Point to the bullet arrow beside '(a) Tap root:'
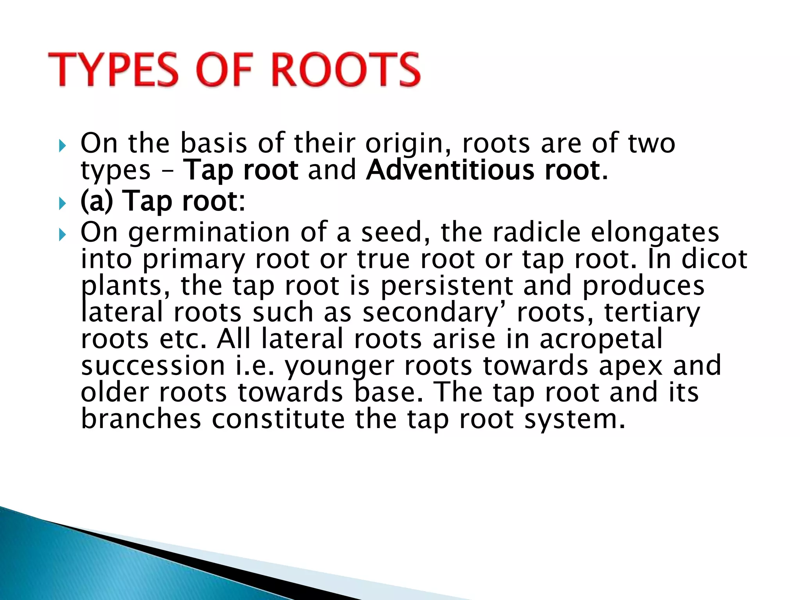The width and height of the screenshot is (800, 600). coord(62,204)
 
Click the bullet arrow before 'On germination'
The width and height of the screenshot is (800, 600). coord(62,235)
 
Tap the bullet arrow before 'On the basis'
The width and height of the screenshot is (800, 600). coord(62,146)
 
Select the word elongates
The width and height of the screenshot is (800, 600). coord(655,233)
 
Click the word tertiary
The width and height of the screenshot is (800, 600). coord(652,313)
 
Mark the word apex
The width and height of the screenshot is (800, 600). coord(630,366)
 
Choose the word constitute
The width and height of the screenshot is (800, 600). coord(279,419)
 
